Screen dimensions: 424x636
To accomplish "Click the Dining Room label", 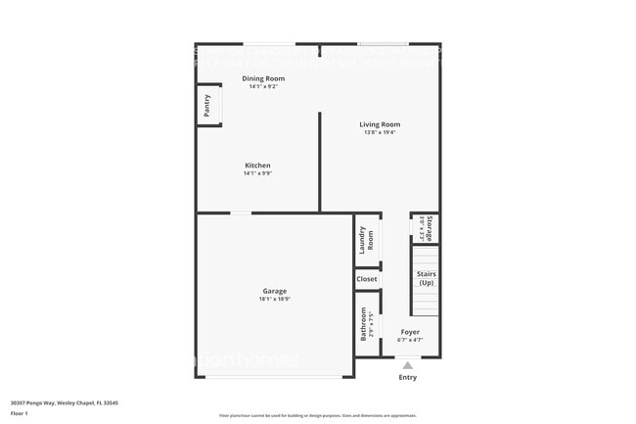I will coord(263,78).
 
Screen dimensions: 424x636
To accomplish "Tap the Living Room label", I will coord(380,124).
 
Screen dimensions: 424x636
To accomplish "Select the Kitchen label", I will coord(257,165).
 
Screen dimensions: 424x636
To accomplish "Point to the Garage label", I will coord(274,291).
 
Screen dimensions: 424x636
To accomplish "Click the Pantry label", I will coord(206,106).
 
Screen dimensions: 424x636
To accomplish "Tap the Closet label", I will coord(367,279).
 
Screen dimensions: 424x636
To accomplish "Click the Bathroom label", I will coord(363,324).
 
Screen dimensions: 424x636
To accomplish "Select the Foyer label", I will coord(410,332).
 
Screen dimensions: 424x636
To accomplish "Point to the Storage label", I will coord(429,228).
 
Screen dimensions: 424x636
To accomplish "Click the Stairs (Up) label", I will coord(426,278).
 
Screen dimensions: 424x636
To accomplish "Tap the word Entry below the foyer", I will coord(408,377).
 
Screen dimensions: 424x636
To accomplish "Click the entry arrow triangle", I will coord(408,365).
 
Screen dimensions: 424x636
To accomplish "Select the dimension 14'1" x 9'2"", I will coord(263,86).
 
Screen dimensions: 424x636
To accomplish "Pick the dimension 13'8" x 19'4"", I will coord(380,132).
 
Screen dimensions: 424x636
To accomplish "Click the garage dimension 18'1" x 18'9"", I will coord(274,299).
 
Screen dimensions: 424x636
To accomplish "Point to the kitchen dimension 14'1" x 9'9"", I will coord(257,173).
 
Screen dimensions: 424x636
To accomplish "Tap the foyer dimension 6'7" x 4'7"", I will coord(410,340).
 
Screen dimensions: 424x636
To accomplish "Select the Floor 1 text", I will coord(19,413).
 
